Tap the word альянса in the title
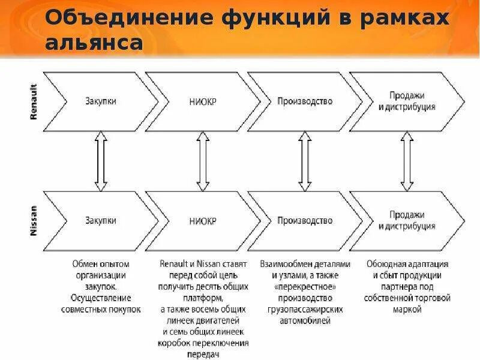(x=94, y=43)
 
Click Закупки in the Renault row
(x=100, y=101)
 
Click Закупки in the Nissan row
(x=100, y=221)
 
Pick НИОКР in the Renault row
(x=202, y=101)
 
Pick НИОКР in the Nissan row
(x=202, y=221)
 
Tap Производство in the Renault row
(x=304, y=101)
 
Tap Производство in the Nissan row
(x=304, y=221)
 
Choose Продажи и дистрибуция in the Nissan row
(x=407, y=220)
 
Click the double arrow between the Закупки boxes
(x=100, y=161)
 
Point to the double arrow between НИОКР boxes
(x=203, y=161)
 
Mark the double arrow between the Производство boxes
(x=305, y=161)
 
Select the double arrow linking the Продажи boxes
(x=407, y=161)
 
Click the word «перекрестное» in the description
(x=305, y=287)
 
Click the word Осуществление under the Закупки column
(x=100, y=298)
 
